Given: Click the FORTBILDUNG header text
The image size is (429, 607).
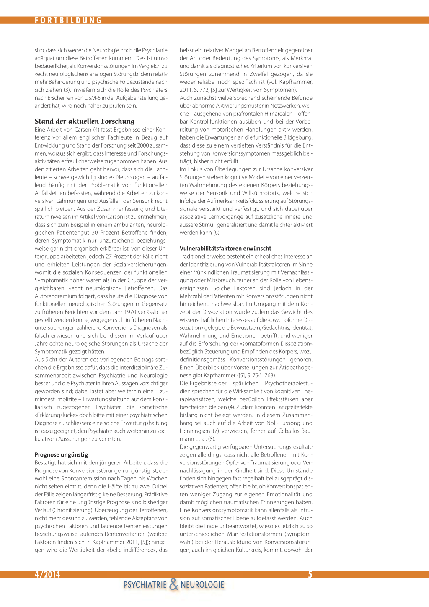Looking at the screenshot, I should [x=68, y=20].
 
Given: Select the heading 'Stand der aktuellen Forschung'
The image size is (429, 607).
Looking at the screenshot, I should [x=85, y=121].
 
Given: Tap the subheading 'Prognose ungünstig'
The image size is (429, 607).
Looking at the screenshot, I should [x=61, y=454].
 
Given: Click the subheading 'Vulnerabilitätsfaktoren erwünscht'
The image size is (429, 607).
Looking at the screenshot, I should [x=225, y=248].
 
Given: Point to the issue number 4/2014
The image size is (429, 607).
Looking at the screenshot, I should [x=47, y=574].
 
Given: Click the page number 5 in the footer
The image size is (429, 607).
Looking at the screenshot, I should [x=310, y=574].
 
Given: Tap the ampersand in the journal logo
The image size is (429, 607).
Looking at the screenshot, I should [x=173, y=584].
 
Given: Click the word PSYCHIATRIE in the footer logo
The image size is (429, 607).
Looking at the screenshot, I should [x=145, y=585].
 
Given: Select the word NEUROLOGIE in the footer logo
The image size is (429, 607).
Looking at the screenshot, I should [x=202, y=585].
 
